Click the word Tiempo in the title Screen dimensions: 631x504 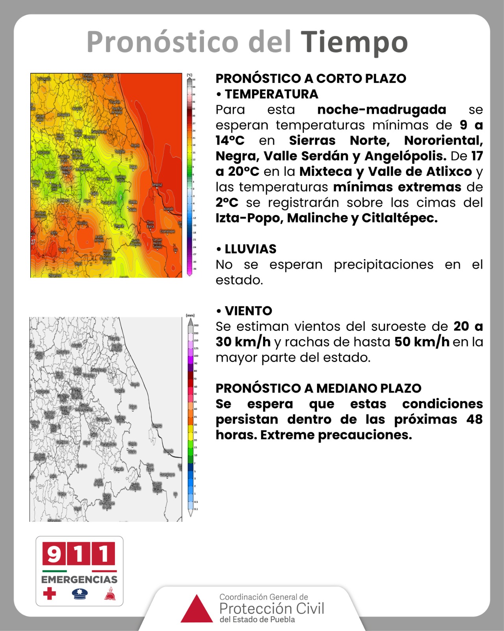coord(354,42)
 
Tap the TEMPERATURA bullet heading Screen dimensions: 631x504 coord(271,94)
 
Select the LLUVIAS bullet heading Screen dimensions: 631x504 coord(250,249)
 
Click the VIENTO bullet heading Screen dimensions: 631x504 coord(248,311)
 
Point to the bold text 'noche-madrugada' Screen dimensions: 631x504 coord(382,110)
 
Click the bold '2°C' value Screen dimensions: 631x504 coord(227,203)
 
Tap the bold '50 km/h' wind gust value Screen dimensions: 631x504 coord(422,342)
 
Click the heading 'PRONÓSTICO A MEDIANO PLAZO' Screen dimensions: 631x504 coord(318,388)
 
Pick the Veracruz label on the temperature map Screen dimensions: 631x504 coord(157,185)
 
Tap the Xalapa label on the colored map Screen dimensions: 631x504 coord(133,167)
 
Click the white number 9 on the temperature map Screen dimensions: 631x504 coord(120,196)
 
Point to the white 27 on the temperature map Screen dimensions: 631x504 coord(33,241)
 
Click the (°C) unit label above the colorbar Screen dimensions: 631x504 coord(189,75)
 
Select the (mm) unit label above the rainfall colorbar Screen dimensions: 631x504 coord(190,315)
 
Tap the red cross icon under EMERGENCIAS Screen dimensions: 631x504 coord(50,593)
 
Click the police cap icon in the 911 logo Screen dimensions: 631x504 coord(80,594)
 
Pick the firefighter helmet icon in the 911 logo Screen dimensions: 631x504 coord(110,594)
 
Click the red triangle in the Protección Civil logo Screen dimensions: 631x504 coord(196,609)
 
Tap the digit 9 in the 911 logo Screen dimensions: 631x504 coord(54,554)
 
